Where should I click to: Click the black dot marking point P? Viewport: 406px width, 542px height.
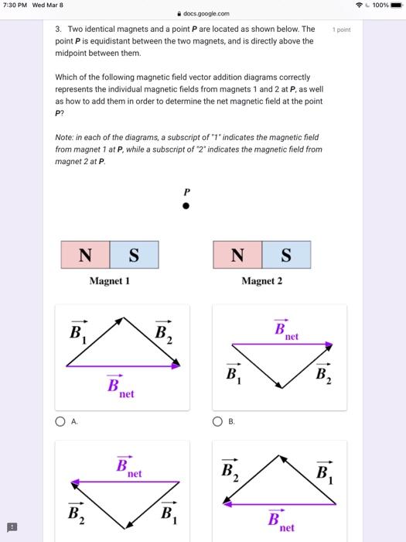[186, 207]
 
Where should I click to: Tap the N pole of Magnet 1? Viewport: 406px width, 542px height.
[85, 255]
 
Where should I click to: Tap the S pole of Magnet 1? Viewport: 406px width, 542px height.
[134, 255]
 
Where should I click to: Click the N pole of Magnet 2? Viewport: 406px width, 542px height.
[237, 255]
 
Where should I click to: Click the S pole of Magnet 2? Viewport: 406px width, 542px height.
[286, 255]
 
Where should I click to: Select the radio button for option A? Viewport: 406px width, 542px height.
[60, 422]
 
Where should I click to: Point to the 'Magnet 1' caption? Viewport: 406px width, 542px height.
[109, 281]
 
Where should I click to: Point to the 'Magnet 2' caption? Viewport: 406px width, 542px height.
[262, 281]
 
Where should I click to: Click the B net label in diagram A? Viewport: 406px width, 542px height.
[118, 386]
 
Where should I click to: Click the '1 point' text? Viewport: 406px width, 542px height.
[342, 29]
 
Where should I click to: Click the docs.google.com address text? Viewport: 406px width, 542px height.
[206, 13]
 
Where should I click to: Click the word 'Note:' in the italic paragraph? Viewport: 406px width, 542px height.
[65, 137]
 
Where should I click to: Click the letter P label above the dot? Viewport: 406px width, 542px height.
[186, 191]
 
